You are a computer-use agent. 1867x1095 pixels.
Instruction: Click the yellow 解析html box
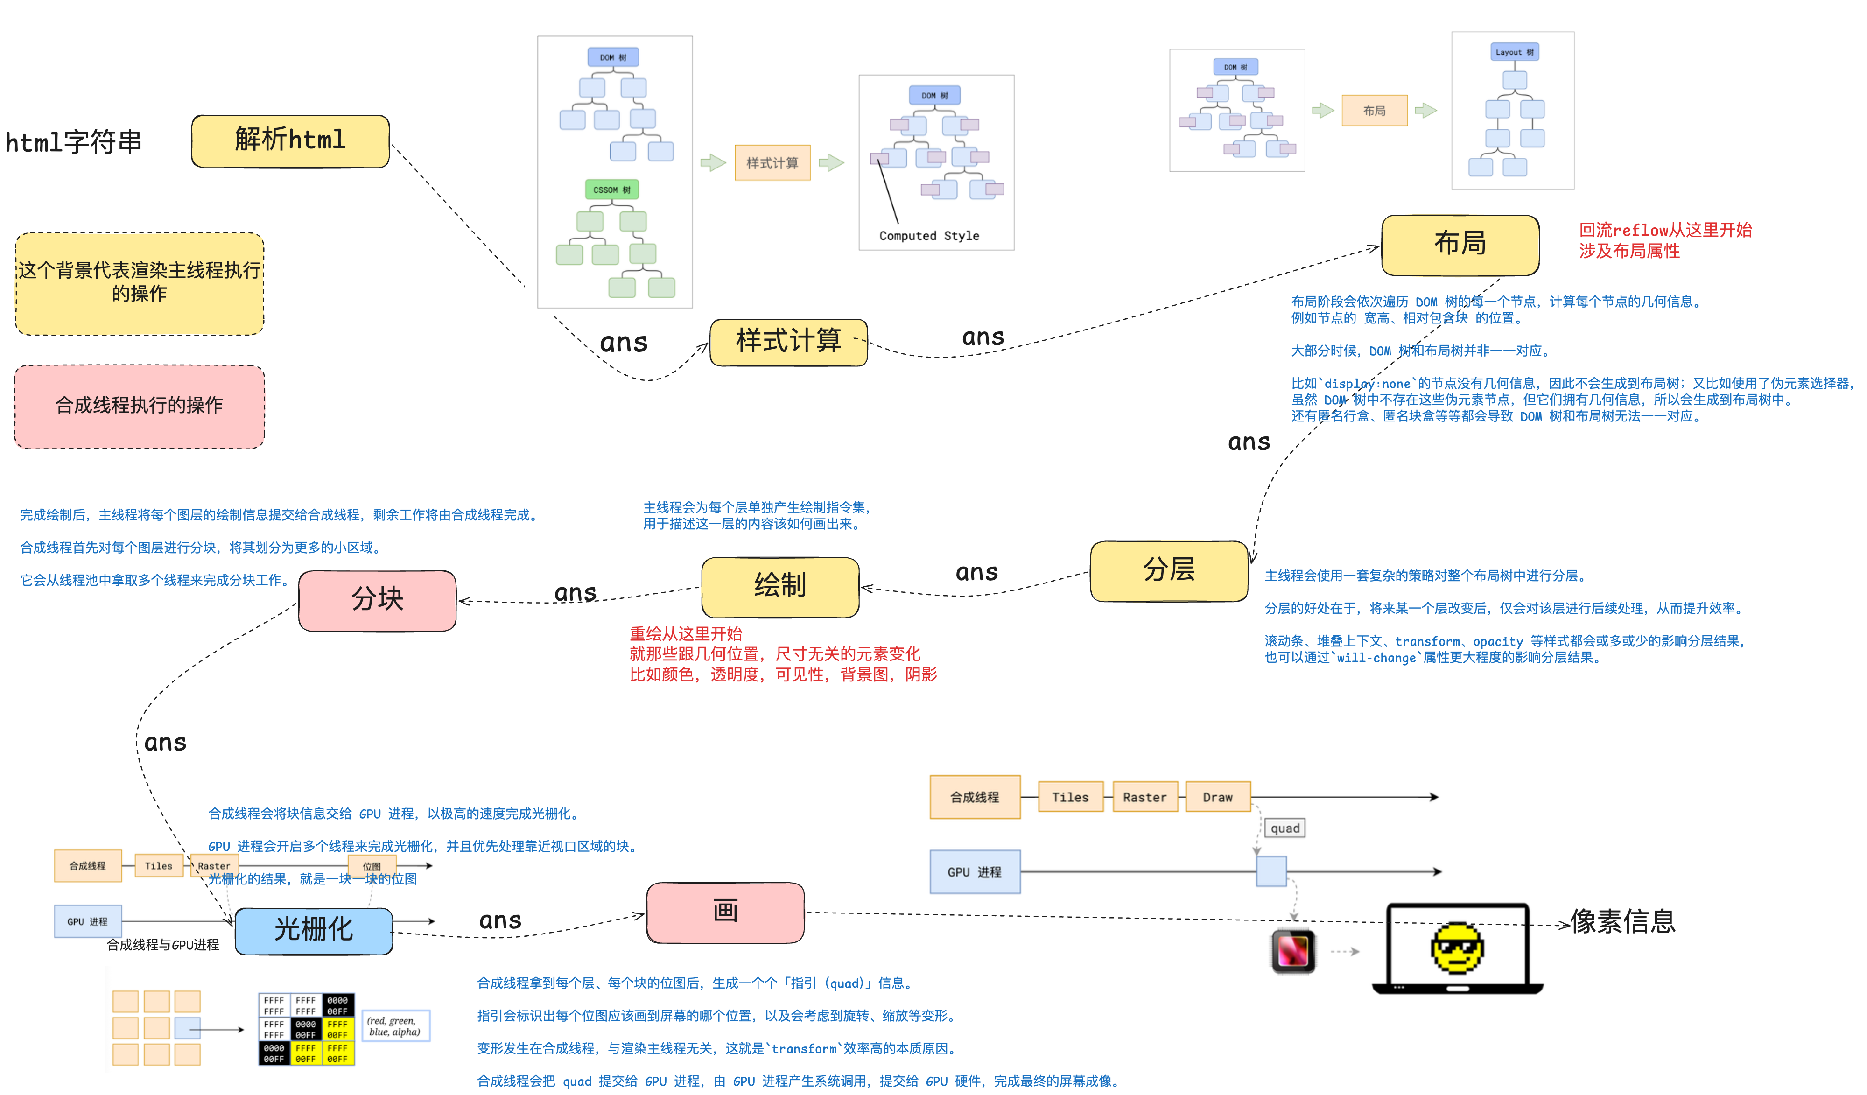(x=290, y=141)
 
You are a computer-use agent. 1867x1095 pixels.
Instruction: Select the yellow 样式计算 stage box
(x=788, y=342)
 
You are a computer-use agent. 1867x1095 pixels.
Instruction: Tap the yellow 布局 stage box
(x=1460, y=245)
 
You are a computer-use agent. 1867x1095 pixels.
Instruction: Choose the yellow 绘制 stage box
(x=780, y=586)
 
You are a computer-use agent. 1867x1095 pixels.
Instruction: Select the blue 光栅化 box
(x=313, y=930)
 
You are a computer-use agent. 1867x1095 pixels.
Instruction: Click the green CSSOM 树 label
(x=611, y=190)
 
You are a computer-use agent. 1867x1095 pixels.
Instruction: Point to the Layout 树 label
(x=1514, y=52)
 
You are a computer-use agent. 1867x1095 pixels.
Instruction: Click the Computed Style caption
(x=929, y=236)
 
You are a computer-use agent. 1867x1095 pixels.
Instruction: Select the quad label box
(x=1284, y=828)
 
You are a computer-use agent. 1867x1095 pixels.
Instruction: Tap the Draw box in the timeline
(x=1217, y=797)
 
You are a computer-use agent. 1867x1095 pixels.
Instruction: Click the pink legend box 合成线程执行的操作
(x=139, y=406)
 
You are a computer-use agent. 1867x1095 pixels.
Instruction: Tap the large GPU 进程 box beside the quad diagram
(x=974, y=872)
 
